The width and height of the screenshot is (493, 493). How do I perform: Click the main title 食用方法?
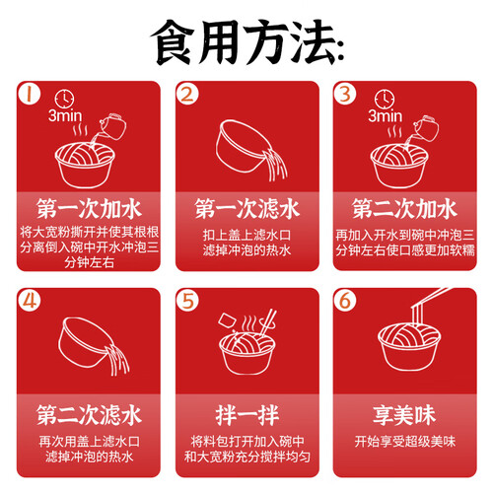coord(247,42)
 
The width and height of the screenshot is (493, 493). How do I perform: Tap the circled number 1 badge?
coord(30,94)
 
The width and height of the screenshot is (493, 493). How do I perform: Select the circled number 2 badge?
coord(187,94)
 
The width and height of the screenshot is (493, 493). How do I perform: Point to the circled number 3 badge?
coord(345,94)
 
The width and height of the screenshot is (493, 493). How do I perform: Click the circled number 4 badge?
coord(30,300)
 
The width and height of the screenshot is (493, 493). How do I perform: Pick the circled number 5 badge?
coord(187,300)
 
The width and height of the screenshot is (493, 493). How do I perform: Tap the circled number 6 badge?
coord(345,300)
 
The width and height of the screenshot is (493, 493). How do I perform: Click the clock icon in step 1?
coord(64,99)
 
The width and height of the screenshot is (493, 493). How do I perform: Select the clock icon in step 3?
coord(385,99)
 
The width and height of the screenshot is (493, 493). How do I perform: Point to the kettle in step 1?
coord(112,126)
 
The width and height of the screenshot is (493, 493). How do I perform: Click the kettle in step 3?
coord(427,128)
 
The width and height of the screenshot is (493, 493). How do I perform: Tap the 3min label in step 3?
coord(385,116)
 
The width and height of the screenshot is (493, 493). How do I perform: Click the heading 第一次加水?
coord(89,209)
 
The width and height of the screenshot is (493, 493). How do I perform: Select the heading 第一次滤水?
coord(247,209)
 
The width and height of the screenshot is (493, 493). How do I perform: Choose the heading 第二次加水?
coord(404,209)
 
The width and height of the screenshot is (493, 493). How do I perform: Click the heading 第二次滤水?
coord(89,415)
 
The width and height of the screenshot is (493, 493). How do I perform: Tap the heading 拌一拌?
coord(247,415)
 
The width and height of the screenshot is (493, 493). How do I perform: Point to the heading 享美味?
coord(404,415)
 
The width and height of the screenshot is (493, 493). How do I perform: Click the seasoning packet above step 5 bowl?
coord(227,320)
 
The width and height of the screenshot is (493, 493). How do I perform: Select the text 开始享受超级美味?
coord(405,442)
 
